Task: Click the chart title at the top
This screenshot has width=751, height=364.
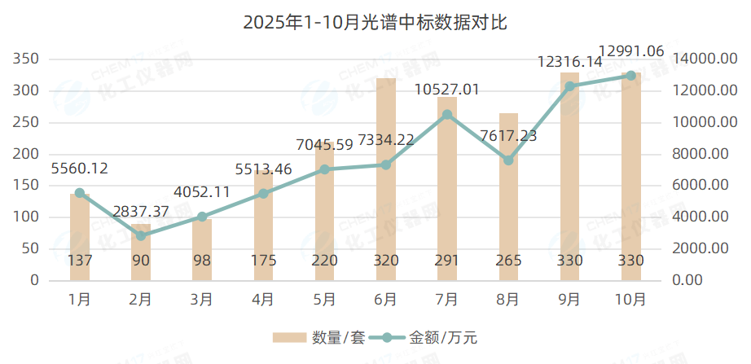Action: [375, 22]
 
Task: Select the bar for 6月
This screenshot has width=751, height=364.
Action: [385, 179]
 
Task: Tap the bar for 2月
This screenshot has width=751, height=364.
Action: [141, 252]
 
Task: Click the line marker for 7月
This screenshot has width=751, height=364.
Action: [447, 115]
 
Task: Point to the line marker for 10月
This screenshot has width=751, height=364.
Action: [630, 76]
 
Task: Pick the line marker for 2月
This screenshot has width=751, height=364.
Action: [141, 235]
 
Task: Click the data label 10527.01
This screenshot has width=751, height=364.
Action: [446, 89]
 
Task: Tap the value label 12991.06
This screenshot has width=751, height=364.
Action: [630, 51]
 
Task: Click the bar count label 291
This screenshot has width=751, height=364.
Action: [446, 261]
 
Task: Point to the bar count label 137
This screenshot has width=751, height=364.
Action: [80, 261]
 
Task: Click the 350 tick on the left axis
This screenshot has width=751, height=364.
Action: [27, 59]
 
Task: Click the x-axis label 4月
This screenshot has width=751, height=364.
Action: [263, 300]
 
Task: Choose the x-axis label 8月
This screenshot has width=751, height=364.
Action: [507, 300]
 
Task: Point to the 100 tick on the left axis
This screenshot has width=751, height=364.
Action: [27, 217]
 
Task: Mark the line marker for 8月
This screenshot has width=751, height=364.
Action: [508, 160]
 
